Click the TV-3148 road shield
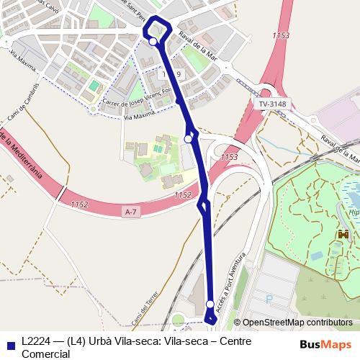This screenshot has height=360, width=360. coord(272,104)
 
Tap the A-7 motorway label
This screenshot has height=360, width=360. coord(130,211)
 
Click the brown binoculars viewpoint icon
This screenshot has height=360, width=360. coord(343,235)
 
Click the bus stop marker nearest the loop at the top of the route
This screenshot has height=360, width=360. coord(153,42)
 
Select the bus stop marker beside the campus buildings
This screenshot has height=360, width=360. coord(188,138)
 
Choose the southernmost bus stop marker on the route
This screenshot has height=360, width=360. coord(210,305)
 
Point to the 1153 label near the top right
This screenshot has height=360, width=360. coord(282,35)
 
